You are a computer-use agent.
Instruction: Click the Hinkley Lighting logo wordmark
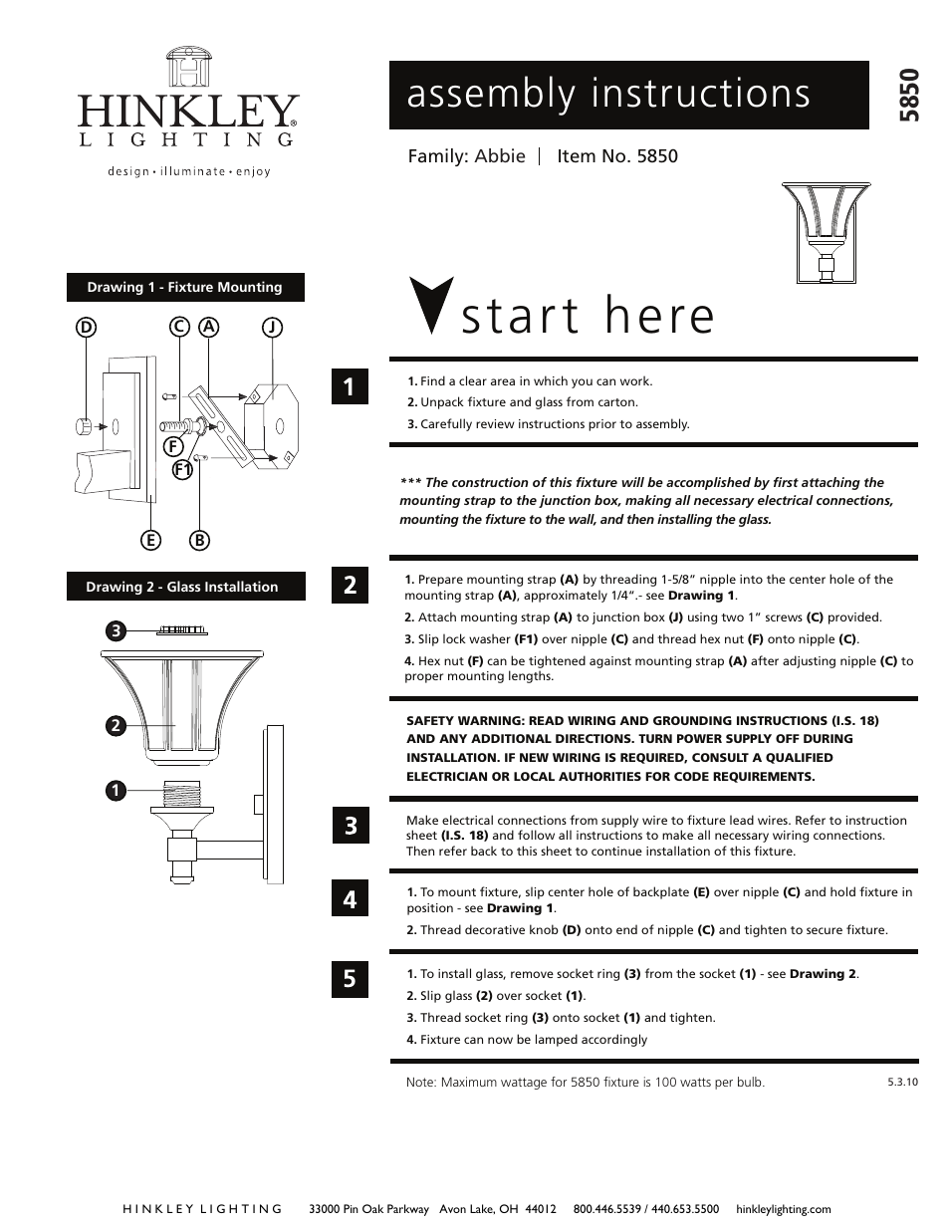pyautogui.click(x=188, y=110)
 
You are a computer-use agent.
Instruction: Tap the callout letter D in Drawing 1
pyautogui.click(x=87, y=326)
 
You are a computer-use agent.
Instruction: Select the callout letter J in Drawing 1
pyautogui.click(x=271, y=326)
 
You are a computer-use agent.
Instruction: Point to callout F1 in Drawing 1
pyautogui.click(x=181, y=470)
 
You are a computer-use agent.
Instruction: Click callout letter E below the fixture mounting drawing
pyautogui.click(x=150, y=540)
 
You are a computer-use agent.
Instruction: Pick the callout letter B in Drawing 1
pyautogui.click(x=199, y=540)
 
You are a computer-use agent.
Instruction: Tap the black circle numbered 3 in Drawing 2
pyautogui.click(x=116, y=630)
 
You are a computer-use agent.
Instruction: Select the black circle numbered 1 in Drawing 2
pyautogui.click(x=116, y=791)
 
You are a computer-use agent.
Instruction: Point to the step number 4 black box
pyautogui.click(x=350, y=899)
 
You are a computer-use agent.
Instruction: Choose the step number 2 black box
pyautogui.click(x=350, y=585)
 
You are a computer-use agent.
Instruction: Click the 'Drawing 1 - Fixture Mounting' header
pyautogui.click(x=185, y=287)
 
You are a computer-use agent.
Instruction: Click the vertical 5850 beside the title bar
pyautogui.click(x=908, y=96)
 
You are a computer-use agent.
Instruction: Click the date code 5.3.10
pyautogui.click(x=901, y=1082)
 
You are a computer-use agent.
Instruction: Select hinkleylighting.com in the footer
pyautogui.click(x=783, y=1209)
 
